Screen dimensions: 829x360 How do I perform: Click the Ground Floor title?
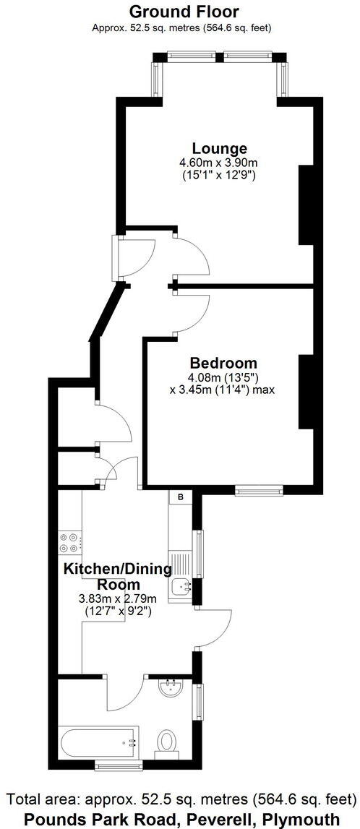tap(184, 12)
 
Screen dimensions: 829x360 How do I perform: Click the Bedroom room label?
tap(223, 363)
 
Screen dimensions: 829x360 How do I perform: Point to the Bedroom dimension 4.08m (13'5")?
tap(223, 377)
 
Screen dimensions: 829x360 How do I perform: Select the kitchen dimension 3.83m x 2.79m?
tap(118, 598)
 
